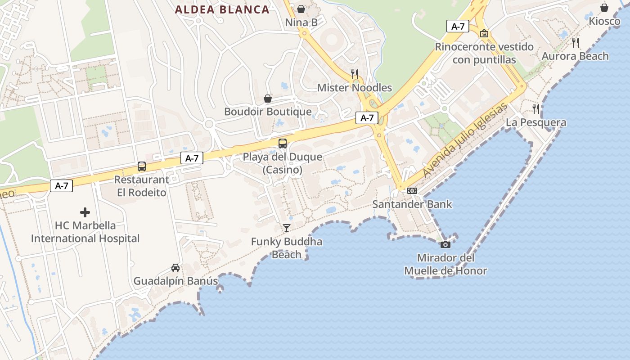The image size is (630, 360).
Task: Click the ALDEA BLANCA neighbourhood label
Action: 222,9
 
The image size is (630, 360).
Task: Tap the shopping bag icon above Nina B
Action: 301,9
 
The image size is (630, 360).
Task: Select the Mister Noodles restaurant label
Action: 355,88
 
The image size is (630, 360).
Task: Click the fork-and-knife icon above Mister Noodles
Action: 355,74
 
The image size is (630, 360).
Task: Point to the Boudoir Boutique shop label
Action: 268,112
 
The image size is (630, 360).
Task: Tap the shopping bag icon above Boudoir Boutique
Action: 268,98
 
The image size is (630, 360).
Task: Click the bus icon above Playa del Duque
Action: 283,144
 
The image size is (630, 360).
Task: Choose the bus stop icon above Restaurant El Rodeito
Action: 142,166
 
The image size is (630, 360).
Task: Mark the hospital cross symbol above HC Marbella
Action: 85,212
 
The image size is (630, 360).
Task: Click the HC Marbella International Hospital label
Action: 85,232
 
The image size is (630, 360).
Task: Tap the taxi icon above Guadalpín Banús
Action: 175,268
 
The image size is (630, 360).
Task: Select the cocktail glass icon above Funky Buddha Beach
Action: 287,228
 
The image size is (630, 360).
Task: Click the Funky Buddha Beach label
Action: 287,248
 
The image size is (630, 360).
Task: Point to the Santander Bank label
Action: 412,204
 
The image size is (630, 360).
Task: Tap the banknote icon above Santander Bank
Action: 412,191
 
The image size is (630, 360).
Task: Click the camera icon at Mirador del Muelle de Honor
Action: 445,244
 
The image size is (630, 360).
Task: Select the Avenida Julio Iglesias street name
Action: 465,140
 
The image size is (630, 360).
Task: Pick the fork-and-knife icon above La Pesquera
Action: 535,108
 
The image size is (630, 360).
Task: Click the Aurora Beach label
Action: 575,56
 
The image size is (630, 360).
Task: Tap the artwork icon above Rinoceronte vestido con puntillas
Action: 484,33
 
